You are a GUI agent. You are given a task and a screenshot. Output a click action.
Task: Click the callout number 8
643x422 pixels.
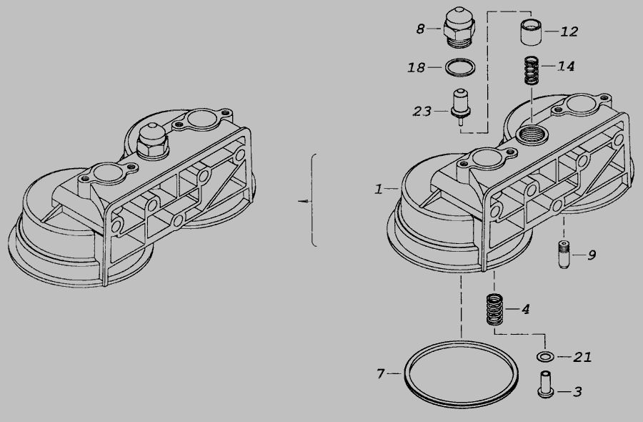tap(421, 29)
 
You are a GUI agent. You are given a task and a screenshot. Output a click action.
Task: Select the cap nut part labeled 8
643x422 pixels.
tap(459, 26)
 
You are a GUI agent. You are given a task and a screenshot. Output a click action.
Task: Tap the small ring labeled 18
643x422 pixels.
tap(461, 67)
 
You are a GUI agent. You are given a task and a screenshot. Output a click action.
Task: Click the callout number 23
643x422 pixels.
tap(422, 112)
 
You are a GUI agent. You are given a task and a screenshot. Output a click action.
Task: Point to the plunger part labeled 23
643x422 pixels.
tap(461, 107)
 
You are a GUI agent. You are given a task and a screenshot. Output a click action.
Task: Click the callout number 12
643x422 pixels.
tap(569, 31)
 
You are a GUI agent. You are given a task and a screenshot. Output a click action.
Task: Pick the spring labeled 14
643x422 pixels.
tap(532, 70)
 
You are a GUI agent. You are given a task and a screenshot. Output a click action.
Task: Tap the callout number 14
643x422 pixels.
tap(567, 66)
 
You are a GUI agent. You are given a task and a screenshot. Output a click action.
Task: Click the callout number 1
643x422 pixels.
tap(379, 189)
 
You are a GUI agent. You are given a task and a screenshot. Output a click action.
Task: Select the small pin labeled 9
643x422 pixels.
tap(564, 255)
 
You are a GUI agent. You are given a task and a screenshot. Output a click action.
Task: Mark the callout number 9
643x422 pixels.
tap(592, 255)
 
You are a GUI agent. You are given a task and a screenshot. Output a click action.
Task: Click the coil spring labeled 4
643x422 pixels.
tap(494, 310)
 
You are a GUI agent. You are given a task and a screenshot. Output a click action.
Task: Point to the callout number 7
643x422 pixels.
tap(381, 374)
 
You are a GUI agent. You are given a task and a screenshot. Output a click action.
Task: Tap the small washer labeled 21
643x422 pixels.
tap(545, 357)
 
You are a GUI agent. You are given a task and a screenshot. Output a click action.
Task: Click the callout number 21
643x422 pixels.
tap(583, 357)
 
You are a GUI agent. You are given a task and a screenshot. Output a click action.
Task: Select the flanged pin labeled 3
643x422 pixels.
tap(545, 384)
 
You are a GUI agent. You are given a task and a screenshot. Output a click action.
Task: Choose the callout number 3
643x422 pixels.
tap(577, 392)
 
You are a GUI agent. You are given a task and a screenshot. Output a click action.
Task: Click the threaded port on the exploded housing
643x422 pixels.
tap(531, 134)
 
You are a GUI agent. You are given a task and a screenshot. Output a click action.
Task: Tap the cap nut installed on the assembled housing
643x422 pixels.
tap(152, 141)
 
